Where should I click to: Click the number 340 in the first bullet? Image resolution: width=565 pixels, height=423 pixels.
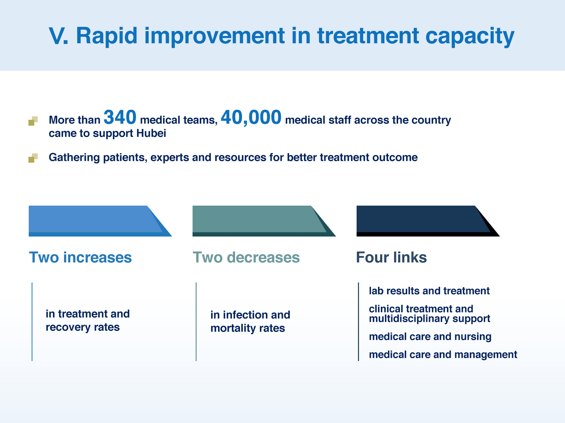[120, 117]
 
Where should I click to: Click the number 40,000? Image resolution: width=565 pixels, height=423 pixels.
[251, 118]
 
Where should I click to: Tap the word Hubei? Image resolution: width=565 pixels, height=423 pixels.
[151, 133]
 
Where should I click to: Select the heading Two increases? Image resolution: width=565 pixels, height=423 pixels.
[80, 257]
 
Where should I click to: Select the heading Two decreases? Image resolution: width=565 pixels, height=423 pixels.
[246, 257]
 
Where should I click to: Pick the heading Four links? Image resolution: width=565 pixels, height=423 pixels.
[391, 257]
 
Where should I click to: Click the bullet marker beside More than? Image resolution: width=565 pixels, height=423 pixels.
[33, 121]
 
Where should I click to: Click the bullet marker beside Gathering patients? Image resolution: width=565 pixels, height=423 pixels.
[33, 158]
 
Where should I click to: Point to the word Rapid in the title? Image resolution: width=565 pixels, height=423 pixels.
[107, 36]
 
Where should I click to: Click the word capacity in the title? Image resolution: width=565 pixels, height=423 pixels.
[470, 37]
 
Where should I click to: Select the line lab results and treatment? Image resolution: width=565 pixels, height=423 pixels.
[429, 291]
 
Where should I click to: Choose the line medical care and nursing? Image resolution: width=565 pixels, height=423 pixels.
[430, 336]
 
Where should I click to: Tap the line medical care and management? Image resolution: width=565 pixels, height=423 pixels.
[443, 354]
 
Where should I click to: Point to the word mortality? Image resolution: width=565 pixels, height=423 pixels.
[233, 328]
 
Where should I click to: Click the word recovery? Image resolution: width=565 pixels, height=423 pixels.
[68, 327]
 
